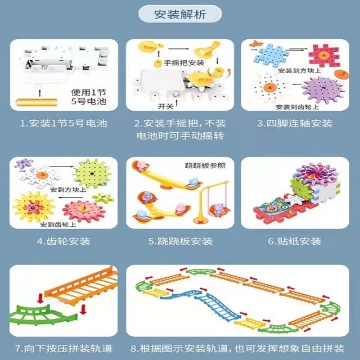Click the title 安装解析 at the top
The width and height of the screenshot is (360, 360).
click(180, 15)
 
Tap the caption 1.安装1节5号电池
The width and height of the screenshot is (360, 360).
click(61, 122)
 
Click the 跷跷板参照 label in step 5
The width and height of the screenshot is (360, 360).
click(180, 163)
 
